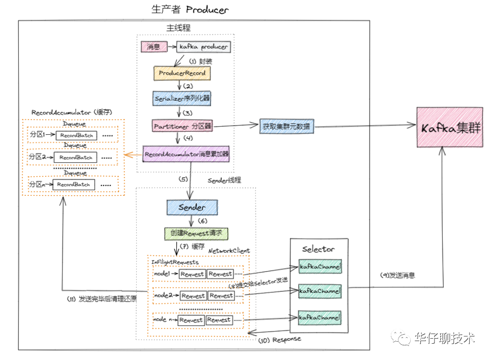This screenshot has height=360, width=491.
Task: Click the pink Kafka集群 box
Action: (x=450, y=127)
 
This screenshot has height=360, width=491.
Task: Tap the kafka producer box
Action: (x=203, y=47)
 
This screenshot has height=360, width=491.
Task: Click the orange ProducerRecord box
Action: (x=182, y=73)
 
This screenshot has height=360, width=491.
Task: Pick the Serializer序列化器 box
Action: (x=181, y=98)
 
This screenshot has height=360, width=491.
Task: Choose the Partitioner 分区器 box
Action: (x=182, y=125)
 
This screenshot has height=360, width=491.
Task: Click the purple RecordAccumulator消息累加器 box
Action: (x=187, y=153)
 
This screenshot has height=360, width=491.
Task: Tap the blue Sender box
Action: (x=192, y=207)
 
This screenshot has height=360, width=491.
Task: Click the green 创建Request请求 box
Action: (x=196, y=233)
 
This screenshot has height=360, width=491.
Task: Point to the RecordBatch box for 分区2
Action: (x=76, y=158)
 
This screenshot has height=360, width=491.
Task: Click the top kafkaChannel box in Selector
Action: (x=319, y=266)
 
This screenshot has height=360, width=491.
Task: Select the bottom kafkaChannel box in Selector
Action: (x=319, y=317)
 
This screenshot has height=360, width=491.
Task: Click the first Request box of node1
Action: (x=192, y=274)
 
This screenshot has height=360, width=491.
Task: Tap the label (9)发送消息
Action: (x=397, y=275)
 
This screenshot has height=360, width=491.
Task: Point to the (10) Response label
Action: (x=280, y=339)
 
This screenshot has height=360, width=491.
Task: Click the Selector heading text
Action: (x=318, y=249)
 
